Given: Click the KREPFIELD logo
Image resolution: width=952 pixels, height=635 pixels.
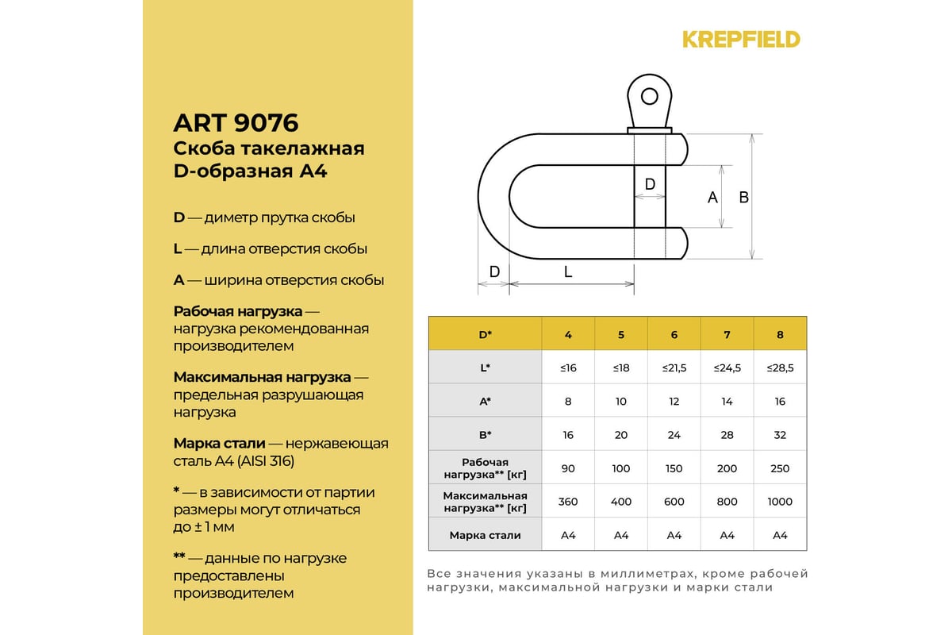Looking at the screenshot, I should point(741,39).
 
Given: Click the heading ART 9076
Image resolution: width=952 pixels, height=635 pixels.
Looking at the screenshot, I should point(236,123).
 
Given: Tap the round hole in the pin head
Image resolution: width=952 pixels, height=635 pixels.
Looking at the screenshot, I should point(650,96).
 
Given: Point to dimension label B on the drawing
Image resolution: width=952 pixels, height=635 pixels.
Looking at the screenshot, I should point(744,197).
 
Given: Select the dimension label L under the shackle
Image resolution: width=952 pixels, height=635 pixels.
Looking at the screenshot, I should point(568,271).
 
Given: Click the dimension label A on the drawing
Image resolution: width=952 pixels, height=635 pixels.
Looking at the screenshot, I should point(712,197).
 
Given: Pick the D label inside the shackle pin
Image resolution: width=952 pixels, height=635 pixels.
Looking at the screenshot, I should point(650,184).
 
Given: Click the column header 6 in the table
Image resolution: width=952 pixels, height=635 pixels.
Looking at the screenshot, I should point(674,334).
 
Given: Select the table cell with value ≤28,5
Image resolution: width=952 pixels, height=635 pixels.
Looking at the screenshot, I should point(780,368).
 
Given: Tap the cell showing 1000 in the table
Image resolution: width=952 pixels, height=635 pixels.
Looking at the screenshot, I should point(780,502).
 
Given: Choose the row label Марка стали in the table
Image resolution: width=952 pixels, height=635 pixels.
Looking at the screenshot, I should point(485,535).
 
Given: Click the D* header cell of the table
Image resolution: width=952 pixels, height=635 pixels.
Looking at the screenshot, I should point(485,334).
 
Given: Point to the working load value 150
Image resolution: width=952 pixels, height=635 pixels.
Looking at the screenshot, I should point(674,468).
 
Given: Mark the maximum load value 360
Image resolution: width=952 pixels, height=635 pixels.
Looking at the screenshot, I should point(568,502).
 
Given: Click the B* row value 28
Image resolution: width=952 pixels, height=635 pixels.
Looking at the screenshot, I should point(727,435).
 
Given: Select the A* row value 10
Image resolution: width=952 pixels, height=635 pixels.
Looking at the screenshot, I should point(621,402).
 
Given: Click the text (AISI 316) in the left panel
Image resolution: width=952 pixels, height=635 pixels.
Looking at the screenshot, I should point(263,461).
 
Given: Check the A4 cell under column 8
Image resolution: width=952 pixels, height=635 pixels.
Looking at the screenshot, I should point(780,535).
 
